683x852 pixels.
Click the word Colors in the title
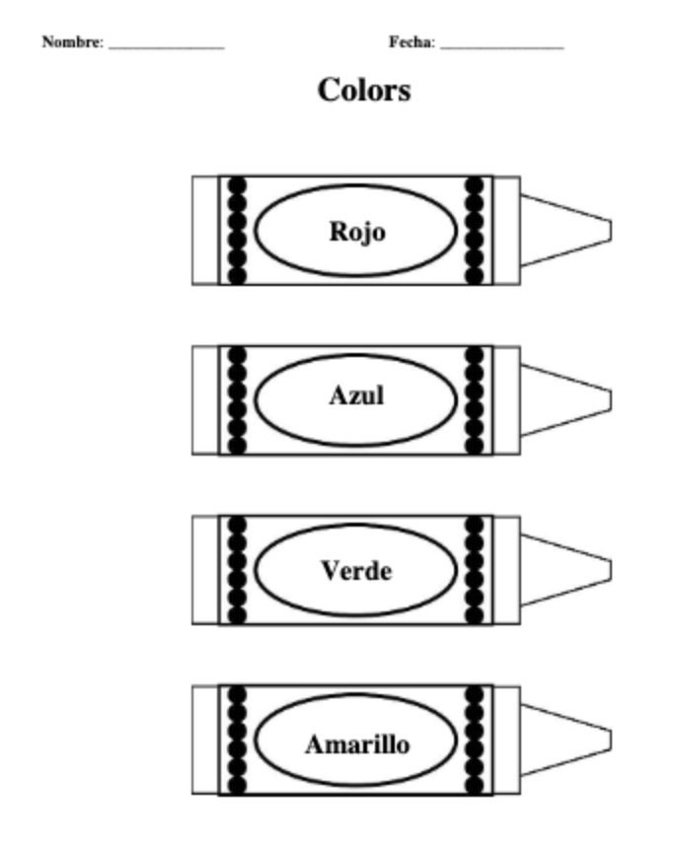click(364, 90)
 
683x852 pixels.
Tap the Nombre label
click(72, 41)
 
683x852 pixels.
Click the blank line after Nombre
click(167, 47)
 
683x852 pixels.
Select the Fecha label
click(412, 41)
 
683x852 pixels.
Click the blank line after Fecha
click(502, 47)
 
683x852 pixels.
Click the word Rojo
click(357, 232)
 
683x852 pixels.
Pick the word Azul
click(356, 395)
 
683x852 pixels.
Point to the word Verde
click(356, 571)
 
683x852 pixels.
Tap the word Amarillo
click(357, 744)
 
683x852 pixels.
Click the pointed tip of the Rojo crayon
click(610, 231)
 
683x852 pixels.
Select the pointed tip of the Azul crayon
click(610, 400)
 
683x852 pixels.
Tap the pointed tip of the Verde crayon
click(610, 571)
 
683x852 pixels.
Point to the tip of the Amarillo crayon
click(610, 741)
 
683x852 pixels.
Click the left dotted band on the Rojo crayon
click(237, 231)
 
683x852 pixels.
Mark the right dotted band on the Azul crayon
click(474, 400)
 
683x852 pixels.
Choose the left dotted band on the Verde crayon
click(237, 570)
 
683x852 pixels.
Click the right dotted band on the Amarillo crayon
click(474, 740)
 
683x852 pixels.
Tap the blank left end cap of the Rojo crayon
click(205, 231)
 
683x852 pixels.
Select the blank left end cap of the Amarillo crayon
click(205, 740)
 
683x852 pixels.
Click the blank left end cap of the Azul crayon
click(205, 400)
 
